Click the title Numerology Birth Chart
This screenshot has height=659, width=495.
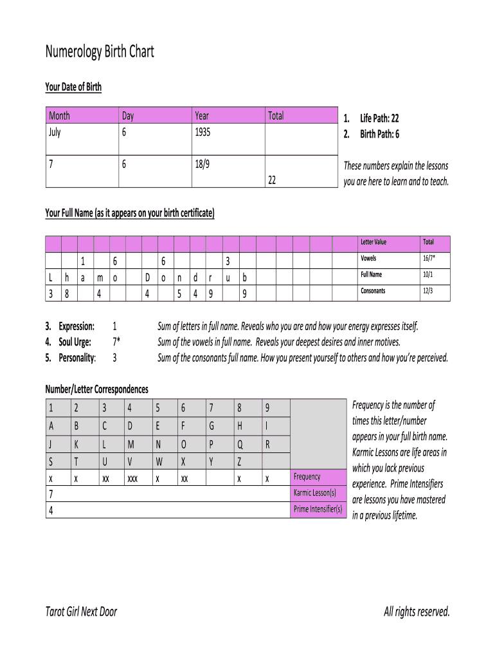click(100, 52)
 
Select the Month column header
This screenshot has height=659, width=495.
click(60, 116)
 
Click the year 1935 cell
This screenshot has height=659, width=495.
click(203, 132)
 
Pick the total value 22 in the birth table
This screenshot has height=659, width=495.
click(272, 181)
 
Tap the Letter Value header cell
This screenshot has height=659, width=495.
click(373, 242)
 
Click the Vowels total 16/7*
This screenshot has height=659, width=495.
click(429, 259)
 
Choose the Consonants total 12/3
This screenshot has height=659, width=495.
click(428, 291)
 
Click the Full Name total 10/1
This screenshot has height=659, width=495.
click(428, 275)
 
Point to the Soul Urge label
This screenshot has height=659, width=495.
click(75, 342)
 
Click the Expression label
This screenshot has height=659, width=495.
click(76, 326)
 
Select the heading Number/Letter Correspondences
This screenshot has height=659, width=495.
click(96, 389)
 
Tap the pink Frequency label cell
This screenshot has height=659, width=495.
click(307, 477)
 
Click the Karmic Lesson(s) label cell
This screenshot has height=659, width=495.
click(315, 493)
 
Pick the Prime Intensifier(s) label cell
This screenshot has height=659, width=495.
click(318, 509)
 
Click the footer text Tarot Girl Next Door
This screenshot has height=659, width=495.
click(81, 611)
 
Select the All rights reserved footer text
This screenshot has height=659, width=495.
click(417, 611)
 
